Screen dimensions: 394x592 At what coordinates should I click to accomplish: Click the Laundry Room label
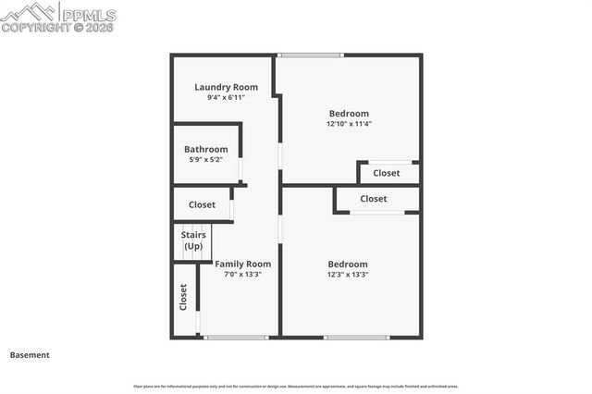click(226, 87)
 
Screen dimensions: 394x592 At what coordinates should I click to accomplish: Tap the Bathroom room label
click(205, 149)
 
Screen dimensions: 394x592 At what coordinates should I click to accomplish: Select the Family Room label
click(243, 264)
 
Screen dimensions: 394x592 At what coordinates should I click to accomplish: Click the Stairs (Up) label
click(192, 240)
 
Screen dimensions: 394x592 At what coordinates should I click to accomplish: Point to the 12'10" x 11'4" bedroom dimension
click(349, 124)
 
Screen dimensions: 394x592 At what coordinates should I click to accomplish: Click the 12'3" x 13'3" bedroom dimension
click(347, 274)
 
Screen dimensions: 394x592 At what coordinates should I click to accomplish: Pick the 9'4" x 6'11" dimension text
click(226, 97)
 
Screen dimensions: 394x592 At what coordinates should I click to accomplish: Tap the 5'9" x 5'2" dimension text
click(205, 159)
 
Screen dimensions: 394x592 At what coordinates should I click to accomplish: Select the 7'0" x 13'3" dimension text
click(243, 274)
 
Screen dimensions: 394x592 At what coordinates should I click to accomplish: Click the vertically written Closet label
click(183, 297)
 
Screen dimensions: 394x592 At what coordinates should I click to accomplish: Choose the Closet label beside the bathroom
click(202, 204)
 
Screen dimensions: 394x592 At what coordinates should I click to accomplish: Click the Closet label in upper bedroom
click(387, 173)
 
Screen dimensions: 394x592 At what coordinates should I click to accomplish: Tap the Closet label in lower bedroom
click(374, 199)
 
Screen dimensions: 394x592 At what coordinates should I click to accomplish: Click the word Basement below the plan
click(30, 355)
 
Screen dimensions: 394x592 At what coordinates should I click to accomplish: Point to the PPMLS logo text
click(88, 14)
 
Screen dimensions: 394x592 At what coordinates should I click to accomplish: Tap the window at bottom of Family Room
click(236, 337)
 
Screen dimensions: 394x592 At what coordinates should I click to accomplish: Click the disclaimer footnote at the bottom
click(296, 386)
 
